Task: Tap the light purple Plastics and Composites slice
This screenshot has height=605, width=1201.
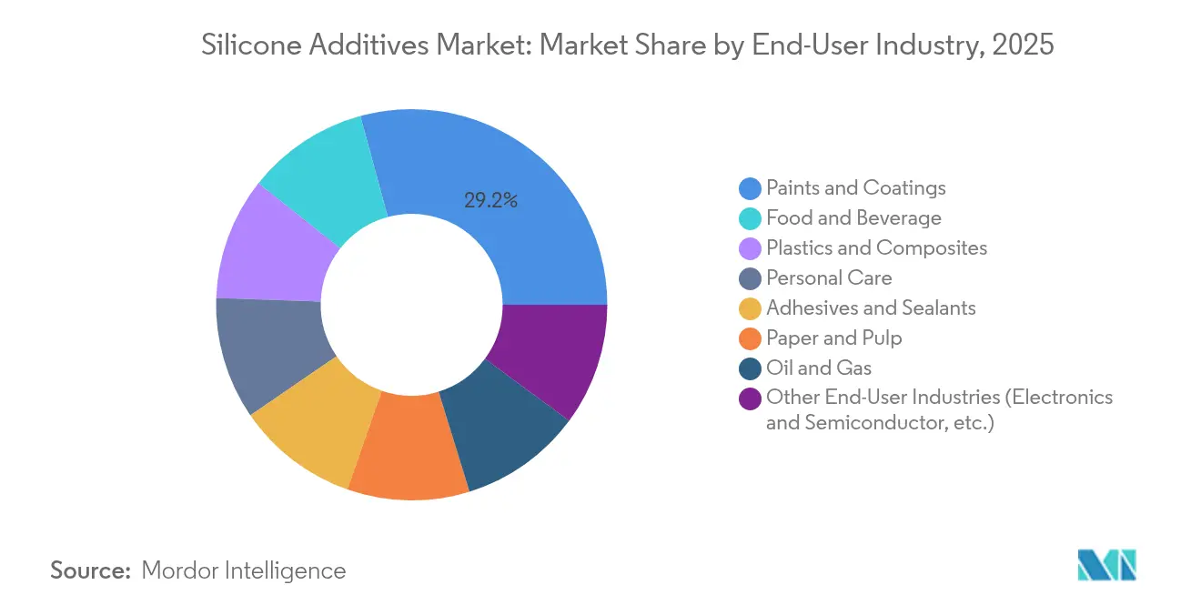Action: point(268,250)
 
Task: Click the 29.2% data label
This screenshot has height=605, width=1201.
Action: point(490,201)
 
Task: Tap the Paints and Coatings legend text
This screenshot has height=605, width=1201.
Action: point(855,188)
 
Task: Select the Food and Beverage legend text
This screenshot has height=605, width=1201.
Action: point(853,218)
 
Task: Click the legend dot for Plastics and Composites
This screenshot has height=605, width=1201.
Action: point(751,248)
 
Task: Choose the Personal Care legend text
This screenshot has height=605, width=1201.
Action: point(829,278)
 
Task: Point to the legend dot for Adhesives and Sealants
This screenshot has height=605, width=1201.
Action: point(751,308)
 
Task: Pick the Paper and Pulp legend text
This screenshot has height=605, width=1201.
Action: point(834,338)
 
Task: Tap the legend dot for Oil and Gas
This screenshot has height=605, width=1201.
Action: point(751,368)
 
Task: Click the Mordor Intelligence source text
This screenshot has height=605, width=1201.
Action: point(244,570)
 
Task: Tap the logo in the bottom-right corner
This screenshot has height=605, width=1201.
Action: point(1106,565)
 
